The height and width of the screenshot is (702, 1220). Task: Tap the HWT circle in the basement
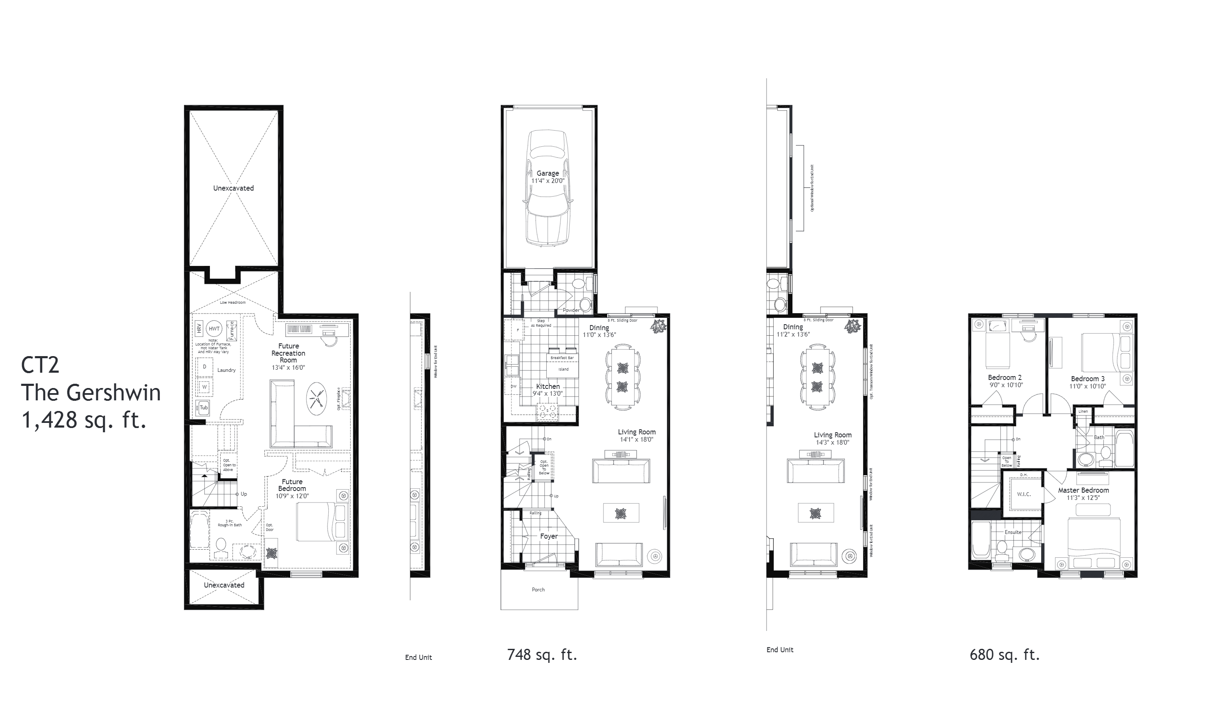coord(214,329)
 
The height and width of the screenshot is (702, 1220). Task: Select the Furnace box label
coord(232,331)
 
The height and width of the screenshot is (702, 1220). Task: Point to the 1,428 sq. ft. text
coord(83,420)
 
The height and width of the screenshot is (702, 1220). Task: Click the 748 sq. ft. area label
coord(542,655)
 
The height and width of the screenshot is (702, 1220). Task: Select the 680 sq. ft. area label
coord(1005,655)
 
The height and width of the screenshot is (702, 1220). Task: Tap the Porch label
coord(538,590)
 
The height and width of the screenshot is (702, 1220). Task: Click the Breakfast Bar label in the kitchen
coord(562,358)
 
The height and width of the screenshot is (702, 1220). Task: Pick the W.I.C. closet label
coord(1024,494)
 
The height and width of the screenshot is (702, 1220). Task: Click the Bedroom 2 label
coord(1005,377)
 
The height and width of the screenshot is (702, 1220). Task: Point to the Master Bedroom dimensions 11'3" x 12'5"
coord(1083,498)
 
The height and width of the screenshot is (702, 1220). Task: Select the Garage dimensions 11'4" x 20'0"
coord(548,181)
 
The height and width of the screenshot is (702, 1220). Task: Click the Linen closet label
coord(1083,411)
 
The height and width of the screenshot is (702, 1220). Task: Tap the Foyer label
coord(548,536)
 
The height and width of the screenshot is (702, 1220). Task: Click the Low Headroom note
coord(233,302)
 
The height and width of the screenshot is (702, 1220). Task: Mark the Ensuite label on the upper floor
coord(1013,532)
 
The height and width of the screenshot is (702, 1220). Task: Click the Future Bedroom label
coord(292,485)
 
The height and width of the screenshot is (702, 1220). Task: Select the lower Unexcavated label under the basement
coord(224,585)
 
